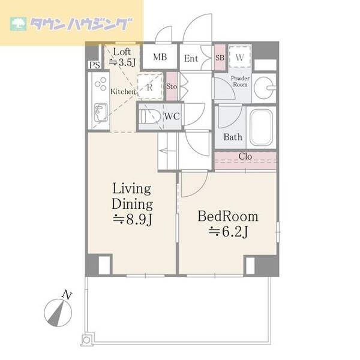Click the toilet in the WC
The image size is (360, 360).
(x=150, y=116)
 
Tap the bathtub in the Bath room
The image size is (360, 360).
(x=262, y=127)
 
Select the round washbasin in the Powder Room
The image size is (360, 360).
(x=264, y=88)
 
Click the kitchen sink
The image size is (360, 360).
(x=101, y=113)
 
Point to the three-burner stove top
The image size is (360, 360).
(x=101, y=83)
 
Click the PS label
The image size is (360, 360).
(x=95, y=65)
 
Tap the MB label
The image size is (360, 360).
(x=160, y=57)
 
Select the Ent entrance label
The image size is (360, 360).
(x=191, y=58)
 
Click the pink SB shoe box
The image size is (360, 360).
(x=220, y=57)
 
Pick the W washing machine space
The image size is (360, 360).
(x=239, y=57)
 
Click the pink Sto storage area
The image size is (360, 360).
(x=172, y=86)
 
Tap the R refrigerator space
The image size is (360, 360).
(x=150, y=87)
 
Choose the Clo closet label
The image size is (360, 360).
(x=245, y=157)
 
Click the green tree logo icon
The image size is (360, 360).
(x=18, y=24)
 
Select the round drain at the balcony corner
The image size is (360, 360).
(x=86, y=340)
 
